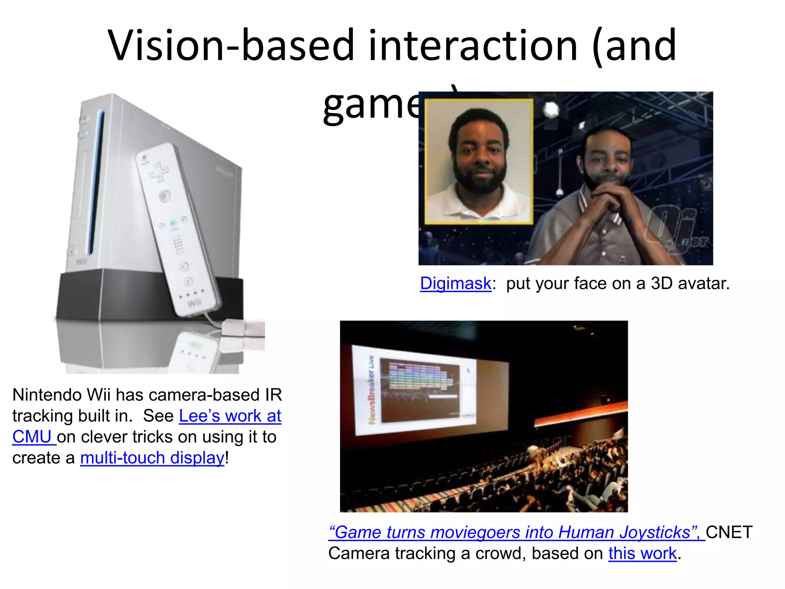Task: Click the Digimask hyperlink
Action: [455, 284]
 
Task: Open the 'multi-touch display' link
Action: [152, 458]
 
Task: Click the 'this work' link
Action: [642, 553]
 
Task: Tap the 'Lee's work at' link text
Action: [230, 416]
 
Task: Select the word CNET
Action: [729, 532]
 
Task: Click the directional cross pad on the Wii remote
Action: [158, 171]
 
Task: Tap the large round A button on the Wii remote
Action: [165, 196]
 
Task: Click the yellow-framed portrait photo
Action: [479, 161]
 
